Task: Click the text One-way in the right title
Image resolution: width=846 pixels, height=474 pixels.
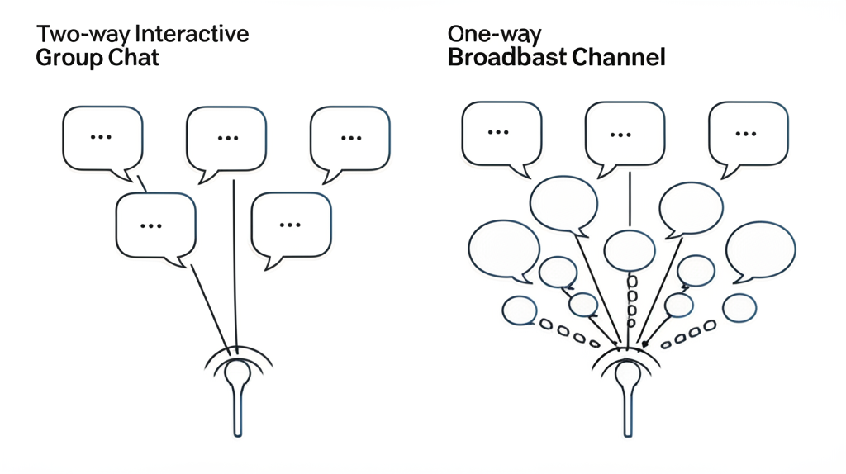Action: (x=494, y=35)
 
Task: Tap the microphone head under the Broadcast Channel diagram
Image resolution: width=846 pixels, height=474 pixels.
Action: (x=627, y=373)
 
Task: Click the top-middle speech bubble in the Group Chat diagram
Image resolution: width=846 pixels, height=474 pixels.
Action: (x=226, y=139)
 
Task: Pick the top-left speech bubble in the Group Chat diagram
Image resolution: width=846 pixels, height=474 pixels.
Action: (x=102, y=138)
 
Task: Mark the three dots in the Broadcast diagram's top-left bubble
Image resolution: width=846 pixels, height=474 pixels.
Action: (x=497, y=132)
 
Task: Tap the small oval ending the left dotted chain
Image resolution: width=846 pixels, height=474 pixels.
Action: (x=520, y=310)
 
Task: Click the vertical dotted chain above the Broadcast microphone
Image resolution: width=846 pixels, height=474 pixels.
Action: (x=632, y=301)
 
